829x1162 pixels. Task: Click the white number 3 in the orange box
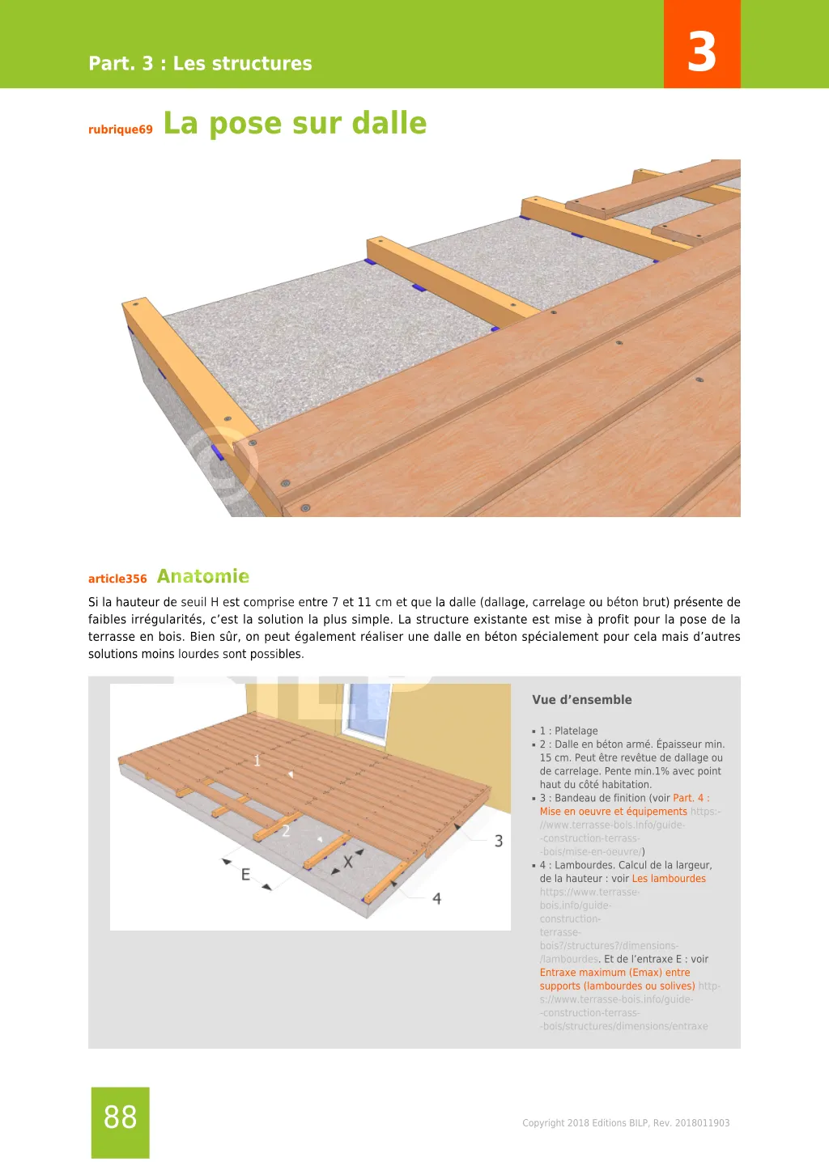(x=702, y=52)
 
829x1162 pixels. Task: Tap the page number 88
(x=120, y=1117)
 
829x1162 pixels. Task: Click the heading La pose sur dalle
(x=295, y=123)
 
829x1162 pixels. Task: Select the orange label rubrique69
(x=120, y=129)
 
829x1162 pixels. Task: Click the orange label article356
(x=117, y=579)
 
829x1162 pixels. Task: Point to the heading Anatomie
(x=202, y=576)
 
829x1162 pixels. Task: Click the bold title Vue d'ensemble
(x=581, y=700)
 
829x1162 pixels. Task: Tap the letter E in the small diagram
(x=245, y=875)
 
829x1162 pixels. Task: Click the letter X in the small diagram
(x=347, y=863)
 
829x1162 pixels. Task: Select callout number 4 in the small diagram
(x=436, y=898)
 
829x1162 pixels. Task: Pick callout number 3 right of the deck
(x=499, y=842)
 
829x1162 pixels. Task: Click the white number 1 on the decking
(x=257, y=761)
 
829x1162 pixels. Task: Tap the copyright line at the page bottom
(x=625, y=1123)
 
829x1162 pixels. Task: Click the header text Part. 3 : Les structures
(x=200, y=63)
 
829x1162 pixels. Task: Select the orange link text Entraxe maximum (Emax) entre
(x=614, y=973)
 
